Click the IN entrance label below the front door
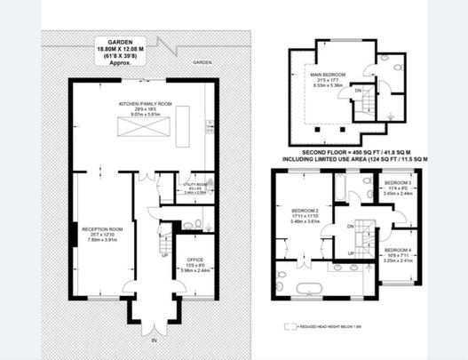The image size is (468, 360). click(x=153, y=340)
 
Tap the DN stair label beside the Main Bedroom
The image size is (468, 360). click(x=359, y=90)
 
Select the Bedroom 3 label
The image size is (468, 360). click(x=398, y=184)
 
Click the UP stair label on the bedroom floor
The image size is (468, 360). click(x=353, y=255)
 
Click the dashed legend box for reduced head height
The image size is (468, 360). click(x=289, y=326)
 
